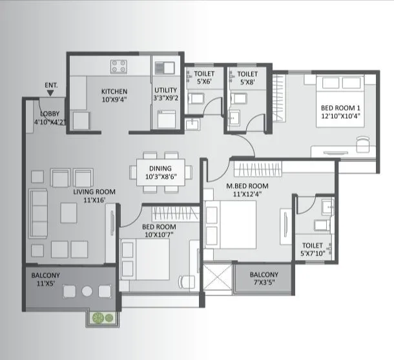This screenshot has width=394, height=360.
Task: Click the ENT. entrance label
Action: pos(52,85)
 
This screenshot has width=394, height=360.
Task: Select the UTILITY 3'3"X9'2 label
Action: pos(166,95)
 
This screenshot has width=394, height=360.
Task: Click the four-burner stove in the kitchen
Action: pos(119,66)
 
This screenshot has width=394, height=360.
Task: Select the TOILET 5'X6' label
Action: pos(204,78)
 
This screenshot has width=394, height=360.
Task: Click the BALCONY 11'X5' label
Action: pos(46,279)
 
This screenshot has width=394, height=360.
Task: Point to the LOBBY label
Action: pos(48,117)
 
